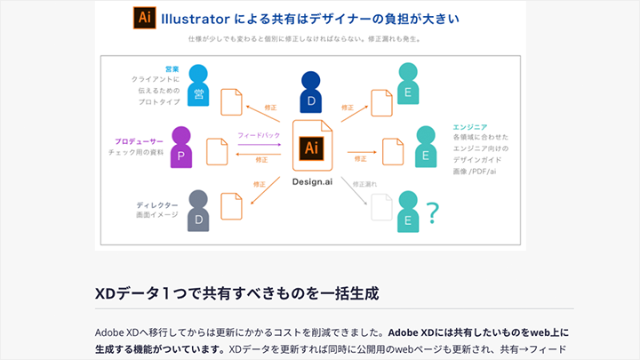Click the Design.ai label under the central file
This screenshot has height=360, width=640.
point(312,181)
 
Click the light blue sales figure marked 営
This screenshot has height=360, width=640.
point(198,86)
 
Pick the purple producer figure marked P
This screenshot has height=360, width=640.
point(180,148)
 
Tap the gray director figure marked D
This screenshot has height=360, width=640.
point(198,212)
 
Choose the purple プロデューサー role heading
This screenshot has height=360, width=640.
point(140,140)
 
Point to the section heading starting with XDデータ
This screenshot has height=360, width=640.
point(237,292)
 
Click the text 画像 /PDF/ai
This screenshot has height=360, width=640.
point(480,171)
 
